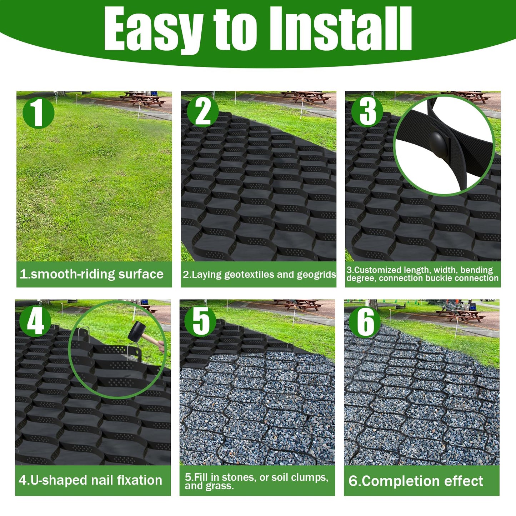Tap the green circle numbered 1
pos(38,113)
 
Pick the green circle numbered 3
pos(367,111)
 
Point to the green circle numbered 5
pos(200,321)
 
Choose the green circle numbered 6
pos(365,322)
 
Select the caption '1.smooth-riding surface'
pos(91,274)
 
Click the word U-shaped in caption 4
pos(59,480)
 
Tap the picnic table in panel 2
pos(305,96)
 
